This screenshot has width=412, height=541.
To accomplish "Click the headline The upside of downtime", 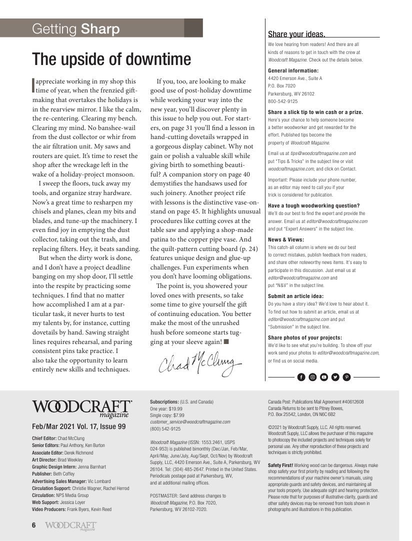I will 111,59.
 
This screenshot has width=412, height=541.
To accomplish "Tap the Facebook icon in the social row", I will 301,377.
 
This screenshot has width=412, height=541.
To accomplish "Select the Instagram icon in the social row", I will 312,377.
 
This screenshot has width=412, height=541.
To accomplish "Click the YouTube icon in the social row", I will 324,377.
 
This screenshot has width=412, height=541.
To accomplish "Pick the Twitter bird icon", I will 335,377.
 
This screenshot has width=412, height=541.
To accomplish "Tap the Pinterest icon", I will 346,377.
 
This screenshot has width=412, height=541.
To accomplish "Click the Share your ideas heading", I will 296,34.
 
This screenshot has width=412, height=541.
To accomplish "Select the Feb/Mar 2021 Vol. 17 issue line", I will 79,426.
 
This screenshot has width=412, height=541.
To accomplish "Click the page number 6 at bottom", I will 34,525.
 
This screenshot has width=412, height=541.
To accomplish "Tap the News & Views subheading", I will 286,239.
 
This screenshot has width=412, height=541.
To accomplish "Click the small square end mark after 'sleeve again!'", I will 226,342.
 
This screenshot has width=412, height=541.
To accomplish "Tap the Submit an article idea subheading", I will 295,296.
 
